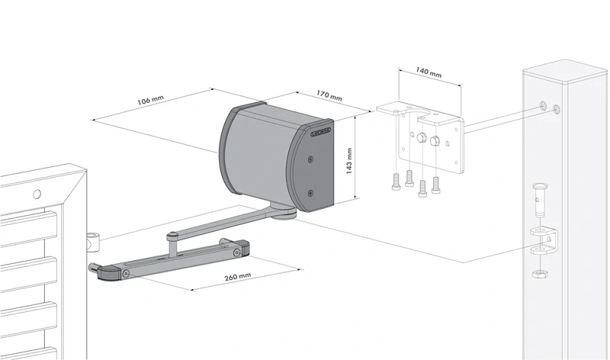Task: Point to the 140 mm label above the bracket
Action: tap(429, 74)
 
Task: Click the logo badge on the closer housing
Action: tap(321, 132)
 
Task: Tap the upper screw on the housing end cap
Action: tap(310, 159)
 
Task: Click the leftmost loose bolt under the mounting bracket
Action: tap(395, 183)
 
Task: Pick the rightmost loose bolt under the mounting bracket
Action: tap(435, 185)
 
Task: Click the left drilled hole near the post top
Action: tap(541, 104)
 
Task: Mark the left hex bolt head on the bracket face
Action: tap(419, 139)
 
